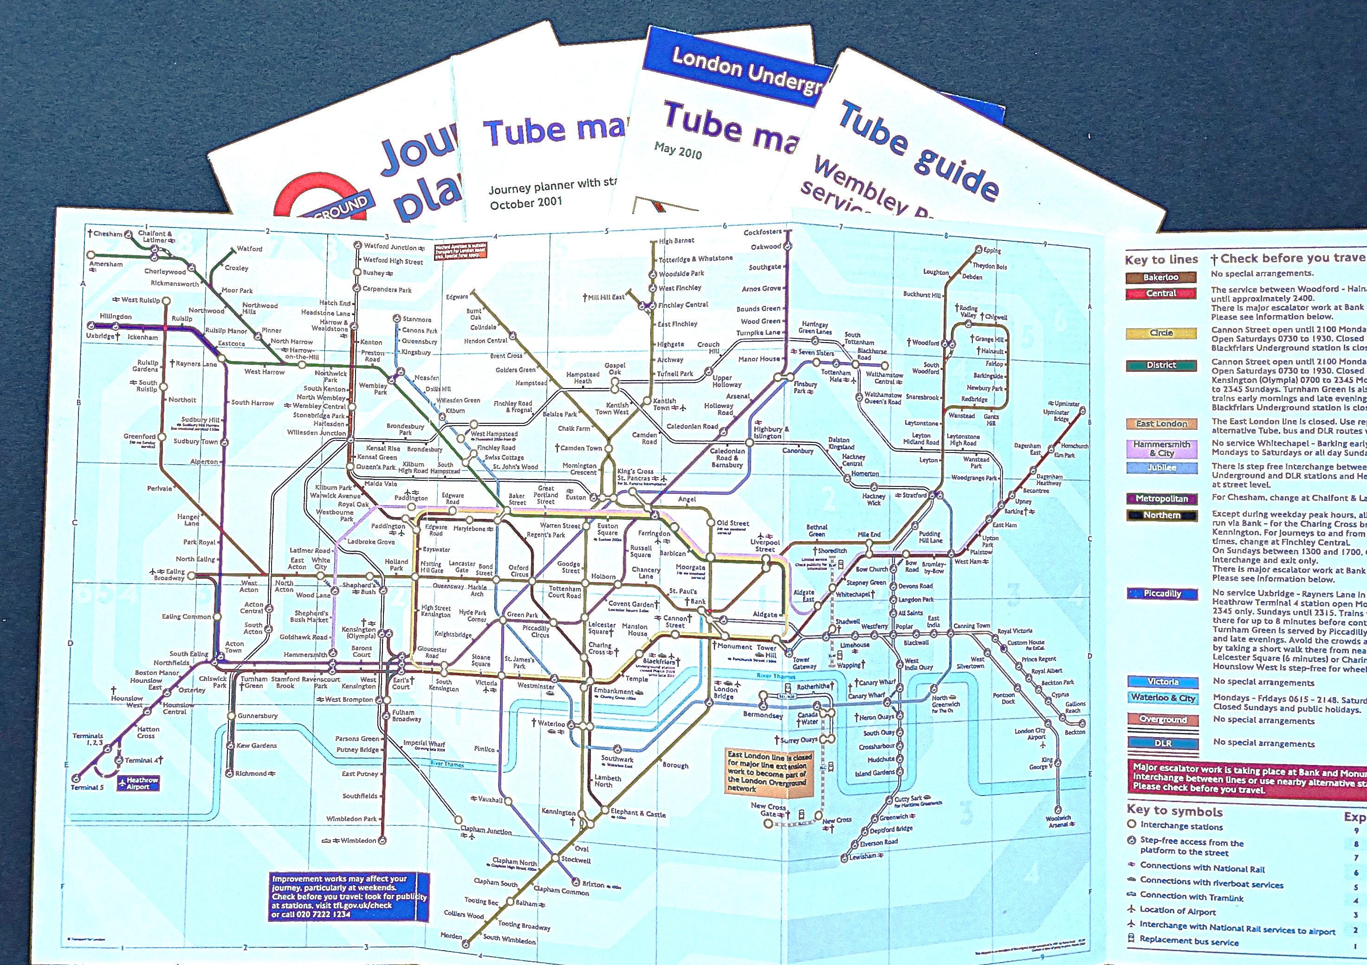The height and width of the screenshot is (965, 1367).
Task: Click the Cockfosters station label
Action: (x=762, y=233)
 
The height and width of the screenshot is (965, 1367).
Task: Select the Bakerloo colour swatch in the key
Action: (x=1160, y=278)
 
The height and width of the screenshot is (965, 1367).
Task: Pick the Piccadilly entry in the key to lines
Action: (x=1161, y=594)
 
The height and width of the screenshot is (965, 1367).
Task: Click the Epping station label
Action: (x=992, y=251)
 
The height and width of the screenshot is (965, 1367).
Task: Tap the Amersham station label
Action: (x=107, y=264)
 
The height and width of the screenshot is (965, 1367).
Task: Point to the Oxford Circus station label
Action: (x=518, y=571)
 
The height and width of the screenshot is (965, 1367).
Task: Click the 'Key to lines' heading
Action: (x=1161, y=259)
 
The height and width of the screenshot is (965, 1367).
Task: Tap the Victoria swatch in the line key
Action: (x=1162, y=682)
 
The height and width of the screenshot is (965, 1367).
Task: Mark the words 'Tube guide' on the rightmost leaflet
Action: (x=917, y=149)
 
